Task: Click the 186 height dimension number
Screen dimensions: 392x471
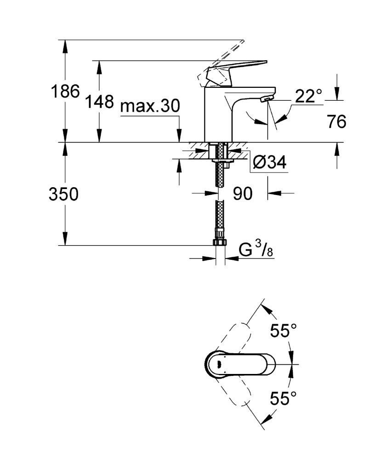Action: click(x=65, y=91)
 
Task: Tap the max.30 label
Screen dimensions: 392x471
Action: click(x=150, y=106)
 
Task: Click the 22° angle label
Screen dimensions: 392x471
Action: click(x=308, y=96)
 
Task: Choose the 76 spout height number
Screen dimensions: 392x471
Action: click(x=337, y=121)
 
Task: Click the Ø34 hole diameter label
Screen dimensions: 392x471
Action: click(x=270, y=162)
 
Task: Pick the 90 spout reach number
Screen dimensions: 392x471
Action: click(x=243, y=194)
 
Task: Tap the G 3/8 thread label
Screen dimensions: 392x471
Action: click(x=256, y=250)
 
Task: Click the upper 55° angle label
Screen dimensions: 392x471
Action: click(x=284, y=331)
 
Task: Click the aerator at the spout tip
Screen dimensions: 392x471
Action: click(x=267, y=98)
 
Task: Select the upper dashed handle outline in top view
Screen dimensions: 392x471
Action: click(x=236, y=339)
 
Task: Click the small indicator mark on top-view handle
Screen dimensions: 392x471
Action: click(x=218, y=364)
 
